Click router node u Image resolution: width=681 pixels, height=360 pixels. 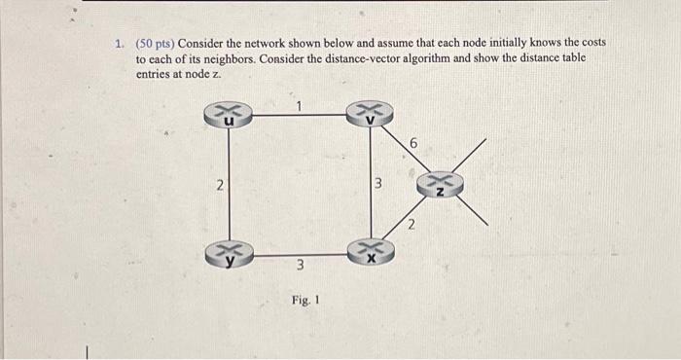point(229,116)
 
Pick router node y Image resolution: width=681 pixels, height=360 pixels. point(230,255)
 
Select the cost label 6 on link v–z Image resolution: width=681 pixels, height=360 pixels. point(413,144)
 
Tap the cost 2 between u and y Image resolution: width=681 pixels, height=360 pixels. point(220,186)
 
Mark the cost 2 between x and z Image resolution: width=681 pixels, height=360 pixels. point(411,227)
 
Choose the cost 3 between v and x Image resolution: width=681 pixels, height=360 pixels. point(381,185)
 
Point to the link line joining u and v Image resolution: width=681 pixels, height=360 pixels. point(302,116)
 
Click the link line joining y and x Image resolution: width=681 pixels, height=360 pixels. point(302,255)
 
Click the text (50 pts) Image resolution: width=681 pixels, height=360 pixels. point(156,44)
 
